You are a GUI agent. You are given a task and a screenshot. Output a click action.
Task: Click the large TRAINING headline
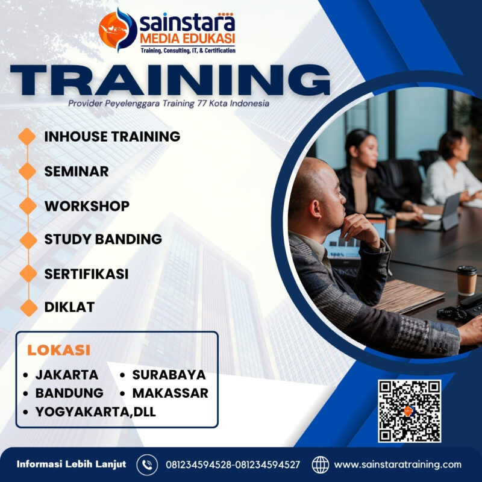click(171, 80)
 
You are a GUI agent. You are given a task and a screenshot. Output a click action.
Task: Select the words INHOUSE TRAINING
click(112, 136)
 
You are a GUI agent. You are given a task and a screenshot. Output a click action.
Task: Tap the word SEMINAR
click(77, 171)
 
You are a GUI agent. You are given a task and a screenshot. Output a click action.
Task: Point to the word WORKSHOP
click(87, 205)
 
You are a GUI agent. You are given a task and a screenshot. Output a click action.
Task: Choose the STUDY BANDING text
click(103, 239)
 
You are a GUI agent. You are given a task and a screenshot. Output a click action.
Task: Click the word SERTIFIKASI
click(86, 273)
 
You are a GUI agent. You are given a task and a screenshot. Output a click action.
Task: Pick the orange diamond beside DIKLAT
click(28, 307)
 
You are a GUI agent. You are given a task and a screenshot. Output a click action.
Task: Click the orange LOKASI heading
click(59, 349)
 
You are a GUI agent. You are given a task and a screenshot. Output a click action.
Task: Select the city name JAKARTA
click(66, 374)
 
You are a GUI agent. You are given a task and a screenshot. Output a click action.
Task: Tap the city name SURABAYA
click(169, 374)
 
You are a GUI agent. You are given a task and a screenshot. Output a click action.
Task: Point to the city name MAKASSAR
click(170, 393)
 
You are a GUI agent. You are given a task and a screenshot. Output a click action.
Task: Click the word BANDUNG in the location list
click(69, 393)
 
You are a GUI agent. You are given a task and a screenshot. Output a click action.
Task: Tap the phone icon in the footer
click(147, 465)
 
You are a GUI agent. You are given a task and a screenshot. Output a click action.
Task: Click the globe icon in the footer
click(321, 465)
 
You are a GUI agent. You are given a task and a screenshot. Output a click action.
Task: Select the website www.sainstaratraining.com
click(398, 465)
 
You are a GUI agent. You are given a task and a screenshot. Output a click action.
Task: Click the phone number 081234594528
click(198, 465)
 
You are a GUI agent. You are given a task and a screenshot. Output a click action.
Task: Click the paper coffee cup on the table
click(466, 280)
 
